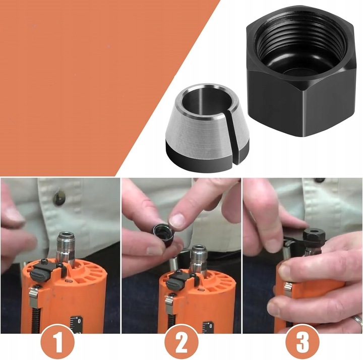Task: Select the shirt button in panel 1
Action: click(58, 199)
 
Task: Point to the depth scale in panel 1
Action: click(76, 324)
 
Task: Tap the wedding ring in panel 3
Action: click(357, 321)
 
